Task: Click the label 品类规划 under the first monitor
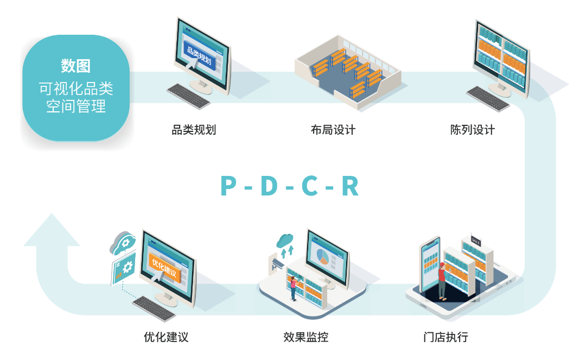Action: click(194, 130)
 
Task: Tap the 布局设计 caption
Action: click(333, 130)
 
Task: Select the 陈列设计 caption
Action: click(473, 130)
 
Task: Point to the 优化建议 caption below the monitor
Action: click(166, 337)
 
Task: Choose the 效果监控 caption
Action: click(305, 337)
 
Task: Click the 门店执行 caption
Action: click(445, 337)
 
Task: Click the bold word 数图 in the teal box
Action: click(75, 67)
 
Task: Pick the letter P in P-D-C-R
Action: click(229, 186)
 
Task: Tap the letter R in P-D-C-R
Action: click(350, 186)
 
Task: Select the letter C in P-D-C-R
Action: click(310, 186)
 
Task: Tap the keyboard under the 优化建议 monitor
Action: click(154, 307)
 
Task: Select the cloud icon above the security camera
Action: click(285, 239)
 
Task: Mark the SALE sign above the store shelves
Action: click(476, 242)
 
